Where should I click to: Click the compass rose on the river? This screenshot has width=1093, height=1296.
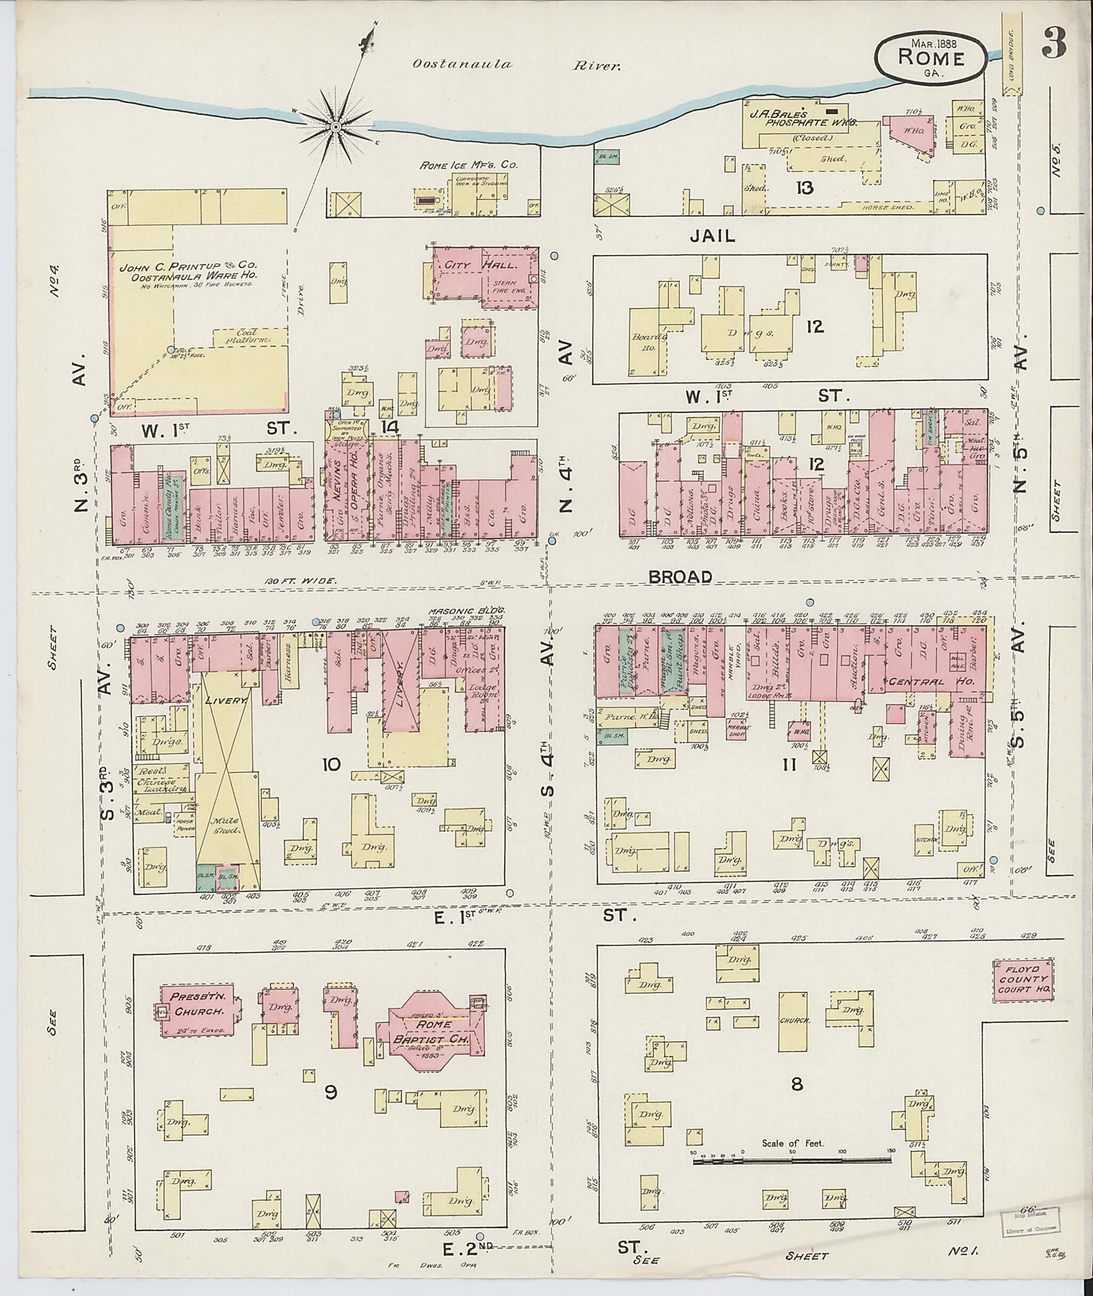336,127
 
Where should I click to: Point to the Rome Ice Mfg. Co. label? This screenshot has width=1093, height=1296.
468,165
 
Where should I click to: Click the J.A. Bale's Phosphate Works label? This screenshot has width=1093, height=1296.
798,119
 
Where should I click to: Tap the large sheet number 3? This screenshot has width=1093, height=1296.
1054,44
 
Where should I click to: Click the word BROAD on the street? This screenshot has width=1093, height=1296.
680,576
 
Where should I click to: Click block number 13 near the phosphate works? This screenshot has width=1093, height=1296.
804,188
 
